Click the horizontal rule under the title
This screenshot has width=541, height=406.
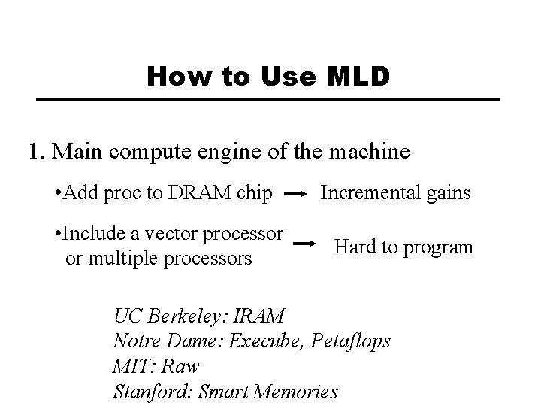tap(269, 99)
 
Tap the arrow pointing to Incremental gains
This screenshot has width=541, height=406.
tap(296, 195)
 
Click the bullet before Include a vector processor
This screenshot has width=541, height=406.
tap(59, 233)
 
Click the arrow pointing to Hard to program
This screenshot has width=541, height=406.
tap(303, 243)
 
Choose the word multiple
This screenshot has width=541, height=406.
tap(121, 259)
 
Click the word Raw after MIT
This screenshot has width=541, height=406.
tap(184, 366)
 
